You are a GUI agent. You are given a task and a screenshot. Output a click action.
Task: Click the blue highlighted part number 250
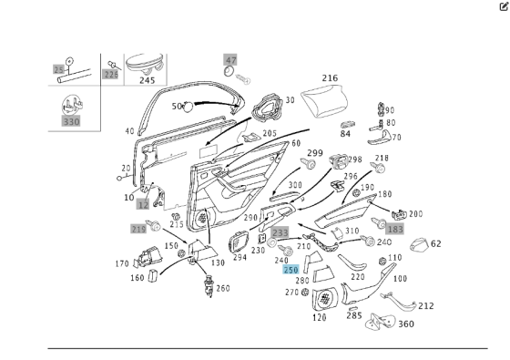click(x=291, y=270)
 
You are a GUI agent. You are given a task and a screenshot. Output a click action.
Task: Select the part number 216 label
click(x=329, y=79)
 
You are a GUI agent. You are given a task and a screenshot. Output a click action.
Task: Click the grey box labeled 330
click(x=71, y=120)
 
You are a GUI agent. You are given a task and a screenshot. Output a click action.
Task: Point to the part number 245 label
click(x=147, y=80)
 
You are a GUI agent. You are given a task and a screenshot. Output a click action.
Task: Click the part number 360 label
click(x=405, y=324)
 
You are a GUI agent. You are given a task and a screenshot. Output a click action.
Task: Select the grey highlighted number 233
click(x=280, y=233)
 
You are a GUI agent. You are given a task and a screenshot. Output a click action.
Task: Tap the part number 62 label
click(x=435, y=243)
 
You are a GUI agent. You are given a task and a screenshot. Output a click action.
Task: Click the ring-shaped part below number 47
click(x=230, y=73)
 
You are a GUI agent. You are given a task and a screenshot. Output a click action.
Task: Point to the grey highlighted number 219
click(x=138, y=228)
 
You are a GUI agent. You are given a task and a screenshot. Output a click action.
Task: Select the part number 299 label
click(x=314, y=153)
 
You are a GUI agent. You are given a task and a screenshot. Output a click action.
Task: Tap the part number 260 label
click(x=223, y=289)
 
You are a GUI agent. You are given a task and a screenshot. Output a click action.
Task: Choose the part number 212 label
click(x=425, y=306)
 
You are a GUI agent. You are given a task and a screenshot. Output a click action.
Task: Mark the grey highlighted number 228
click(x=111, y=74)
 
